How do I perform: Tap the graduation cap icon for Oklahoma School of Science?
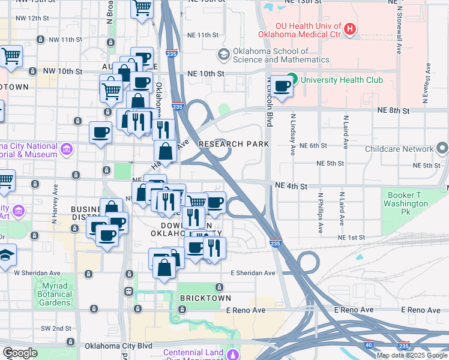(224, 55)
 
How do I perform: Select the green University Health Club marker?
(292, 79)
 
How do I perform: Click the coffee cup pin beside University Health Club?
(282, 86)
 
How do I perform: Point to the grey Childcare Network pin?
(442, 148)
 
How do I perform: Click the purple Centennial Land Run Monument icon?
(233, 352)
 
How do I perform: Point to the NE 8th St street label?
(394, 111)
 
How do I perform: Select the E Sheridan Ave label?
(253, 273)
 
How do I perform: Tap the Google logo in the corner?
(20, 353)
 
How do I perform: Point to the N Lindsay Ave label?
(293, 133)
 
